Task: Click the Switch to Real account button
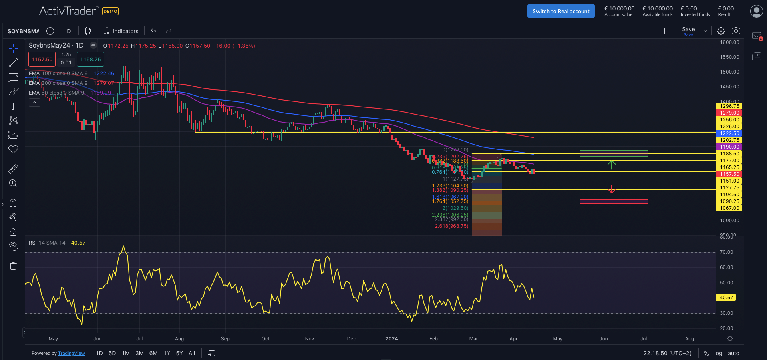pyautogui.click(x=561, y=11)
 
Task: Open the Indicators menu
pyautogui.click(x=121, y=31)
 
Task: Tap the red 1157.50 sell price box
pyautogui.click(x=42, y=60)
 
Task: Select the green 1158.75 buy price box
pyautogui.click(x=91, y=60)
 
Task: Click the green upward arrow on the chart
pyautogui.click(x=612, y=164)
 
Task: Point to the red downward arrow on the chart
pyautogui.click(x=612, y=189)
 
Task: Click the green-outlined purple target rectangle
pyautogui.click(x=614, y=153)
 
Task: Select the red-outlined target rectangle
pyautogui.click(x=614, y=201)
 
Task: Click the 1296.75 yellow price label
pyautogui.click(x=729, y=106)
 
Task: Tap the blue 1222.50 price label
pyautogui.click(x=729, y=133)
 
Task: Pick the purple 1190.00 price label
pyautogui.click(x=729, y=147)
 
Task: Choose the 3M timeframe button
pyautogui.click(x=139, y=353)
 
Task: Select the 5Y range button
pyautogui.click(x=179, y=353)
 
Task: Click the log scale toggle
pyautogui.click(x=718, y=353)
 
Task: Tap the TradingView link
pyautogui.click(x=71, y=353)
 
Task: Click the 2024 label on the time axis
pyautogui.click(x=391, y=339)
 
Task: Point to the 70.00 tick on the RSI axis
pyautogui.click(x=726, y=252)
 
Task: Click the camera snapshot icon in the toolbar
pyautogui.click(x=736, y=31)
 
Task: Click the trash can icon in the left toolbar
pyautogui.click(x=13, y=266)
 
